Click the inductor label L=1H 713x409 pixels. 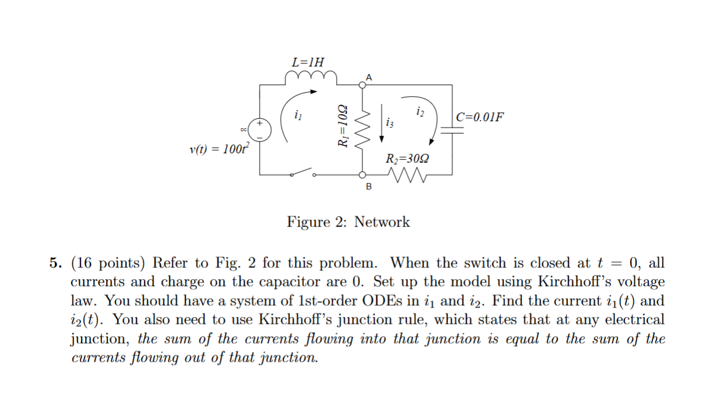309,62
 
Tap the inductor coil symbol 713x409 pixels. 310,77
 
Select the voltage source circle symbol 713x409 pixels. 260,129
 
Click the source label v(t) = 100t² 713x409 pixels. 218,149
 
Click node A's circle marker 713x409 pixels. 362,85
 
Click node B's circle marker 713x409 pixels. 362,174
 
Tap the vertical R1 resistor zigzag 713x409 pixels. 363,129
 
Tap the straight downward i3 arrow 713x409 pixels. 382,123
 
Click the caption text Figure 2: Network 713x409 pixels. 348,222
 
